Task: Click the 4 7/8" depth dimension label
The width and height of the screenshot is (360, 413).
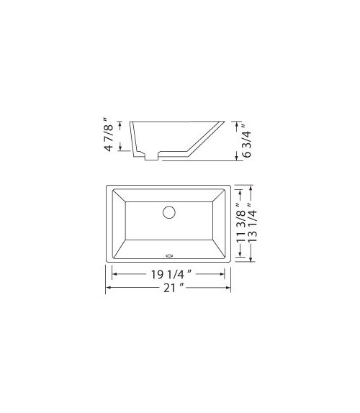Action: pyautogui.click(x=109, y=136)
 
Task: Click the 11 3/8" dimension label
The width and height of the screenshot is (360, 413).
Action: pyautogui.click(x=240, y=224)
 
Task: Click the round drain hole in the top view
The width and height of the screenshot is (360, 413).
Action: pyautogui.click(x=169, y=212)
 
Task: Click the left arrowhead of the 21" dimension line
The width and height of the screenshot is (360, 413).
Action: pyautogui.click(x=109, y=289)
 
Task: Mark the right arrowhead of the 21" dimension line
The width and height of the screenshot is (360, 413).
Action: pyautogui.click(x=230, y=289)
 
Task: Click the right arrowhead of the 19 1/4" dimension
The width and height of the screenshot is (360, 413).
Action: pyautogui.click(x=224, y=275)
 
